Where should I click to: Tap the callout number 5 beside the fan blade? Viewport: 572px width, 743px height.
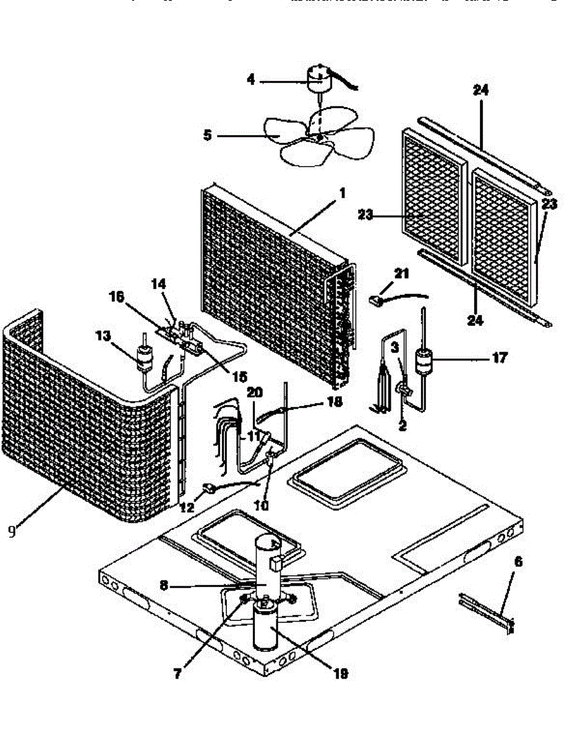tap(207, 134)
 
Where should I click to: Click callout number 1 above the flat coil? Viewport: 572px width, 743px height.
tap(340, 193)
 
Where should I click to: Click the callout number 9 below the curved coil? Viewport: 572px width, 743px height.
tap(13, 532)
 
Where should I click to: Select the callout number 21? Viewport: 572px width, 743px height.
tap(403, 273)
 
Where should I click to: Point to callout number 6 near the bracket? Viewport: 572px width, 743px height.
tap(518, 562)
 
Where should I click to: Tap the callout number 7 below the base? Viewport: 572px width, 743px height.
tap(178, 674)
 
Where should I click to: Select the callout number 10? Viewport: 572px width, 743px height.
tap(262, 505)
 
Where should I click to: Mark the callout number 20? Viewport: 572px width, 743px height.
tap(255, 392)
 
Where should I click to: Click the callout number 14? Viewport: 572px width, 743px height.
tap(159, 284)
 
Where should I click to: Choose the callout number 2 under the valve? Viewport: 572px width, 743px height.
tap(403, 426)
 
